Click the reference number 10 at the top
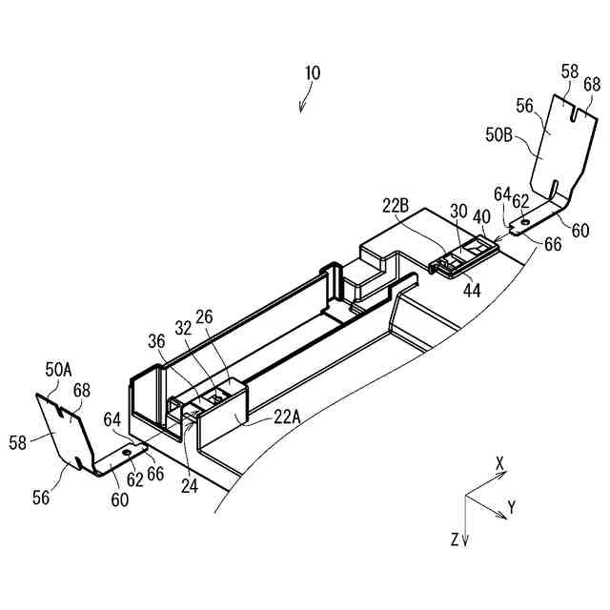coord(313,72)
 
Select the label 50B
coord(500,134)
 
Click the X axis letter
coord(500,462)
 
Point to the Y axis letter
coord(512,507)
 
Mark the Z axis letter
coord(454,539)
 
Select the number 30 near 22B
coord(458,212)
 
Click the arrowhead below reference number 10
coord(302,108)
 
